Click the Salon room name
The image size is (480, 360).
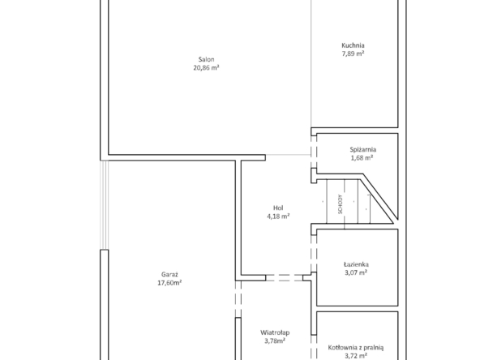206,59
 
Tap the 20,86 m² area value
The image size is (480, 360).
206,67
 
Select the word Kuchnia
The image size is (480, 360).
353,45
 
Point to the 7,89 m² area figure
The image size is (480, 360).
353,54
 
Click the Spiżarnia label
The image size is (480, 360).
362,149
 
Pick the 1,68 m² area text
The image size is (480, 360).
362,158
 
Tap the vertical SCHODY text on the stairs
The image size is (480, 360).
340,204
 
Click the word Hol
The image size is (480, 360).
278,208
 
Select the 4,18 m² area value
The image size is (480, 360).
278,216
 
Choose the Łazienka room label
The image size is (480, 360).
356,264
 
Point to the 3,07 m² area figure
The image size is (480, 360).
356,272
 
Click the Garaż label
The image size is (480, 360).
169,275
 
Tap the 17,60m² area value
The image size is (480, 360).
169,283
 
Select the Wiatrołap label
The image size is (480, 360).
275,332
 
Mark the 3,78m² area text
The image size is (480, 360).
275,341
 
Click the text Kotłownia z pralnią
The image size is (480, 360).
356,348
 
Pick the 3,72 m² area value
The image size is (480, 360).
356,356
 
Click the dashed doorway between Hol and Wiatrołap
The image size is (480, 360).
284,277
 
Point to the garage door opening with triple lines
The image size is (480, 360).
105,205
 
